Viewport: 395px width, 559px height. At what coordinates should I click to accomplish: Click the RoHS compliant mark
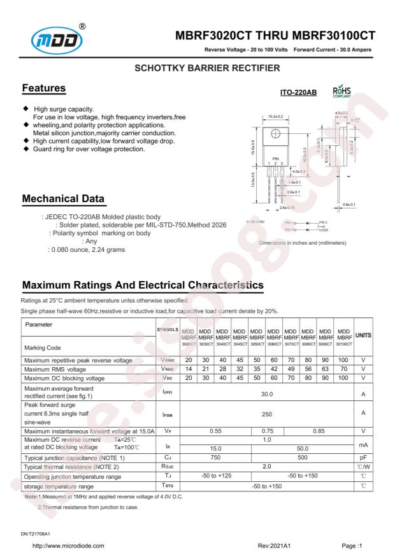click(342, 94)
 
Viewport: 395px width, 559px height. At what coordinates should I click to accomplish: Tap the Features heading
click(44, 87)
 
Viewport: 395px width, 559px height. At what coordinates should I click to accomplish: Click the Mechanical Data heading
click(64, 200)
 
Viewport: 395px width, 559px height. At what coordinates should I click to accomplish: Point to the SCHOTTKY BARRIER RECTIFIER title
click(197, 67)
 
